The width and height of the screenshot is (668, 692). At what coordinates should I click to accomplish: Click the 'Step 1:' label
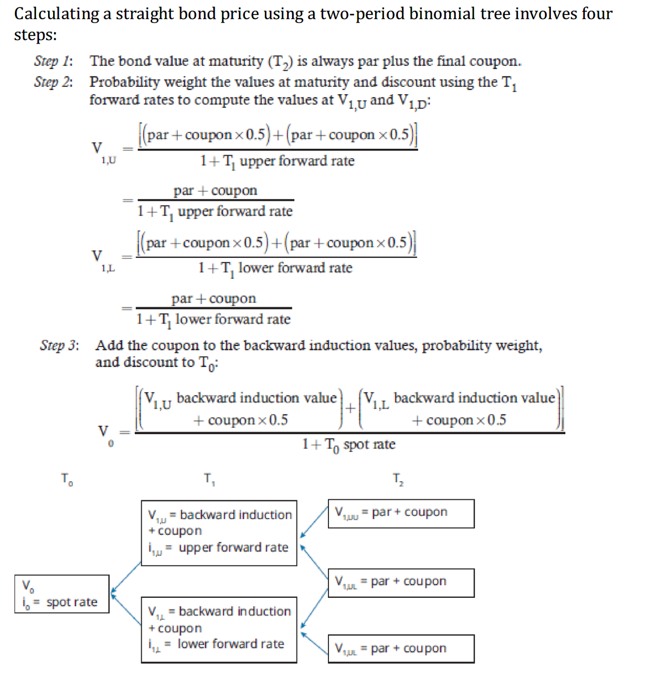pos(53,61)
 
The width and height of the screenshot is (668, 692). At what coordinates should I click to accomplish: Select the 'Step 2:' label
pos(53,82)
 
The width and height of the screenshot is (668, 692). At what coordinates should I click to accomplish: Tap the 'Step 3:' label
pos(59,345)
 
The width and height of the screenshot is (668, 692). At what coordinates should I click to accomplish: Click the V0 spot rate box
pos(62,594)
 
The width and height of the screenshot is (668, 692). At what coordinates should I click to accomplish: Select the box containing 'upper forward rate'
pos(219,533)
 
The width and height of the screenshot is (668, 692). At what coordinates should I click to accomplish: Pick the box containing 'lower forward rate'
pos(219,629)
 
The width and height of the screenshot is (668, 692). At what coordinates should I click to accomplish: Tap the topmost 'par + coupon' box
pos(401,513)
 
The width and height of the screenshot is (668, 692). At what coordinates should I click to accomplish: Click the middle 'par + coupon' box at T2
pos(401,582)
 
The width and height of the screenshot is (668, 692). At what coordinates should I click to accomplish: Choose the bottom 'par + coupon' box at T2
pos(401,649)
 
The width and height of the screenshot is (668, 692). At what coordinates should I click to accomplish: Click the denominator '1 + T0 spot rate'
pos(349,445)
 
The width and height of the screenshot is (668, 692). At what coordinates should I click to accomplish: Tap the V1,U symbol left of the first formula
pos(103,152)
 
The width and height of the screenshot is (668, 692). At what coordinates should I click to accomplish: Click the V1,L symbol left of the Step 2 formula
pos(102,259)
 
